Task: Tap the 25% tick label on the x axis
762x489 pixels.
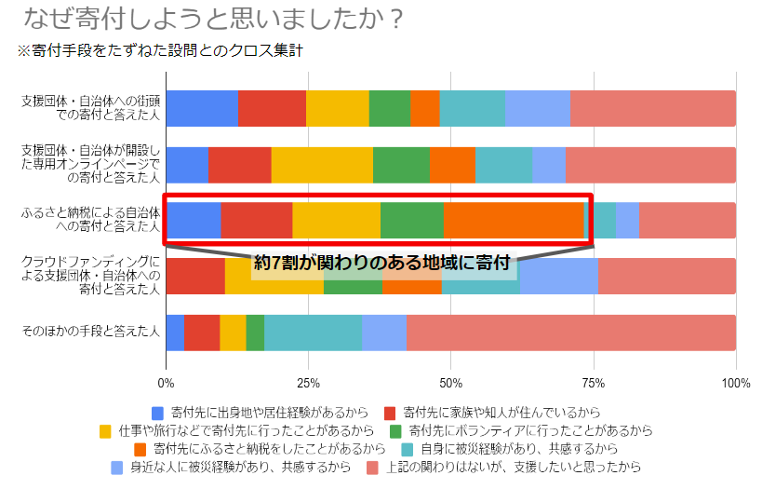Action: [x=308, y=383]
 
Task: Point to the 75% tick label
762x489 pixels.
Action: [x=594, y=383]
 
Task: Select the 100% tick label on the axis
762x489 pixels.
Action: [x=735, y=383]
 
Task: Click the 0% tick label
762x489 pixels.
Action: [x=167, y=383]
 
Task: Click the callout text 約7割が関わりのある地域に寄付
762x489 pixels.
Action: [x=383, y=264]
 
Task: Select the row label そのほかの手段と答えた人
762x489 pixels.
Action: [x=91, y=332]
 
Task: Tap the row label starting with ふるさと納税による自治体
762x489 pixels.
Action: [x=91, y=220]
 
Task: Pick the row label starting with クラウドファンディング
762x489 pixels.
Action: [x=91, y=276]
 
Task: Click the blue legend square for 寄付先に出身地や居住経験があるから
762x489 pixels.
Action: [x=157, y=412]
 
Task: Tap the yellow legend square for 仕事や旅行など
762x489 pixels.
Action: [x=105, y=430]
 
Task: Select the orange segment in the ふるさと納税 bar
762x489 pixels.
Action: [x=514, y=220]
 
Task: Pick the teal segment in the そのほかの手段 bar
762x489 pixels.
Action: [x=313, y=333]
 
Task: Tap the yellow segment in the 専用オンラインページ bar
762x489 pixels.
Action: [x=322, y=164]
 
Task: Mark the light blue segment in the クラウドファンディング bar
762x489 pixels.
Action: [x=558, y=276]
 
